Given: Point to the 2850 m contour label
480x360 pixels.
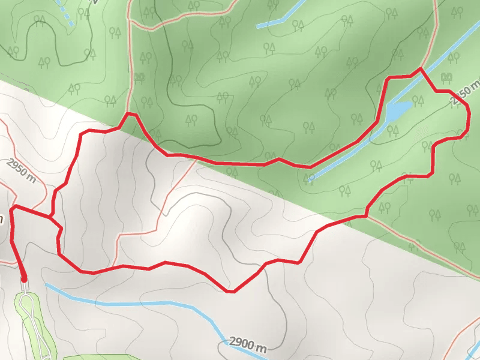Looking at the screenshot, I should point(466,95).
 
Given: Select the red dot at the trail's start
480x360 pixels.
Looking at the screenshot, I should point(24,278).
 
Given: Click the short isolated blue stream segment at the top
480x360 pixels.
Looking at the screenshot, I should point(271,23).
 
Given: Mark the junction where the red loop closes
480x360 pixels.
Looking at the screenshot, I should point(51,215).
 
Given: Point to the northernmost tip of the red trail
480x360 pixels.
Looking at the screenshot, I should point(420,69).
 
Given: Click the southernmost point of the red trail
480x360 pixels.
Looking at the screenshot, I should point(230,292).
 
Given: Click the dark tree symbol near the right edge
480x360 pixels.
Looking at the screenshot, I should point(446,76).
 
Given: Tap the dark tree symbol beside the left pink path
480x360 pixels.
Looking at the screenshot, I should point(140,77).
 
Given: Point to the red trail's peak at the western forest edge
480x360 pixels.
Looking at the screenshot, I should point(130,113).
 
